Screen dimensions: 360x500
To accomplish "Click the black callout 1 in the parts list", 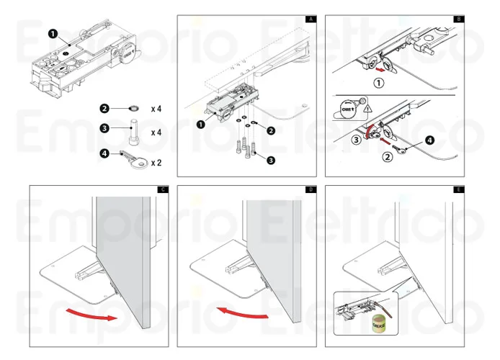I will [x=53, y=33].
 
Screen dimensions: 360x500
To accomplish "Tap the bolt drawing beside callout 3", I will [x=134, y=132].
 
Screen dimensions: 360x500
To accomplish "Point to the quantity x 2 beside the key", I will [x=156, y=162].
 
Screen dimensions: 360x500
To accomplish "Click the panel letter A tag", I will [x=310, y=18].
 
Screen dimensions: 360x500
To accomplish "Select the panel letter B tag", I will [x=458, y=18].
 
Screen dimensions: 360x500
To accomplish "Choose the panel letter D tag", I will [x=310, y=189].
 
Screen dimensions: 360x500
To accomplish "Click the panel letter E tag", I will [x=458, y=189].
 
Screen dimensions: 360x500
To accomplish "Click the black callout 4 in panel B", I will [x=430, y=140].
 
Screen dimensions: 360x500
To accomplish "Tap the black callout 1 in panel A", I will [x=200, y=124].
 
